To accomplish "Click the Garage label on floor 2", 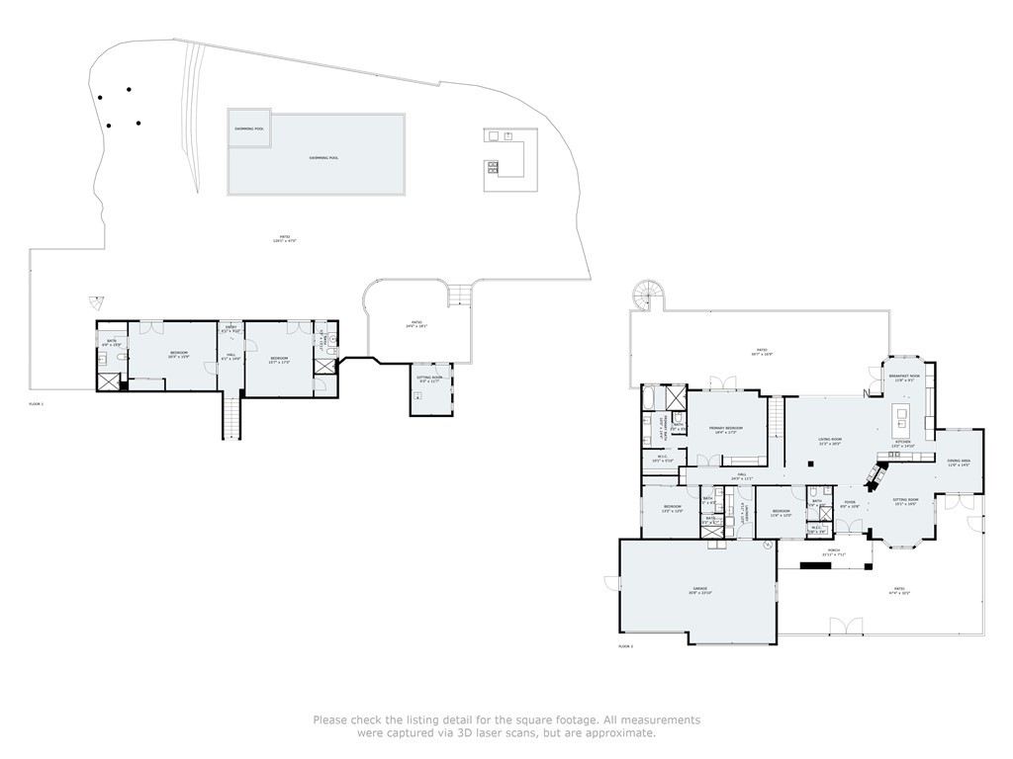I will [701, 590].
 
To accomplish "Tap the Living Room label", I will [829, 441].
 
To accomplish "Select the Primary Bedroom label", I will [726, 429].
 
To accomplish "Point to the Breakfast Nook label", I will [904, 377].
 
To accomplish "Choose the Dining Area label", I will [959, 462].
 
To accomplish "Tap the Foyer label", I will [849, 502].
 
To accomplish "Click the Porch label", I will [834, 550].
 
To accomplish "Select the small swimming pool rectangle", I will [248, 127].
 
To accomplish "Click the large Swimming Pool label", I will [323, 157].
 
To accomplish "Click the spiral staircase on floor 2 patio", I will [648, 294].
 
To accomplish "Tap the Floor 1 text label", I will [37, 404].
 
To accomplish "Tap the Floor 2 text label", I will [625, 645].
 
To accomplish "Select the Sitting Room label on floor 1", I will [429, 377].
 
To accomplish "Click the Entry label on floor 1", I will [230, 327].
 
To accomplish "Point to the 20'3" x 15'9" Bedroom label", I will [179, 353].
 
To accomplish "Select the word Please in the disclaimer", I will [331, 719].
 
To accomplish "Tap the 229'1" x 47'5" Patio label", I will [284, 237].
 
